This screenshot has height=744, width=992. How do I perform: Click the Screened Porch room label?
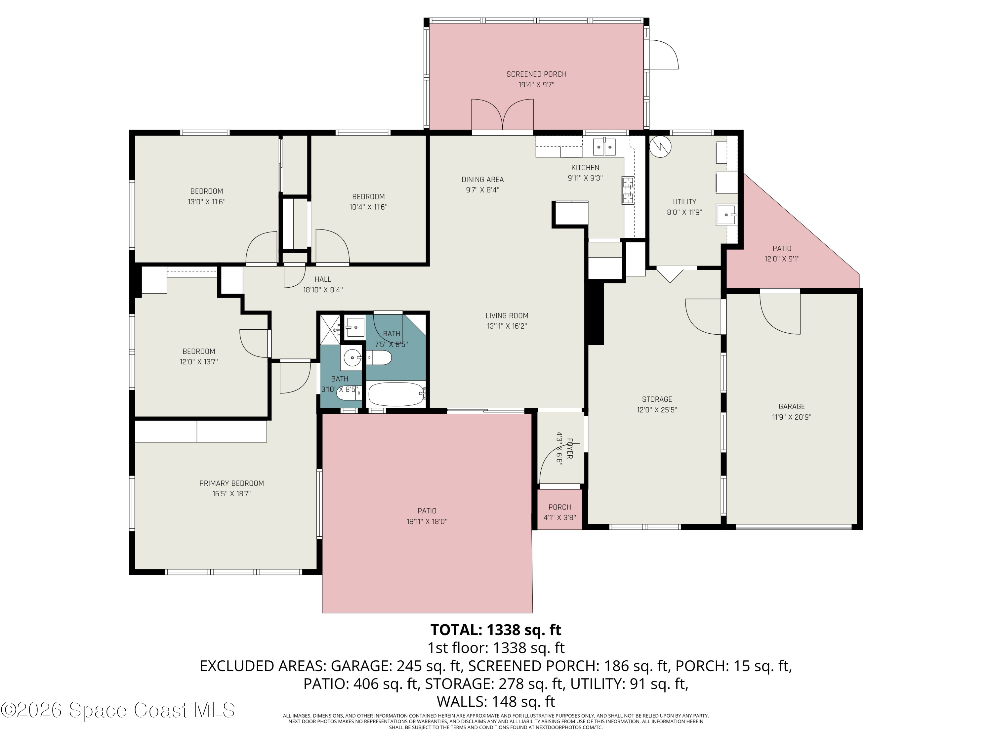536,74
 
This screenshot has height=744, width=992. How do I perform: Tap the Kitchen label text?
585,168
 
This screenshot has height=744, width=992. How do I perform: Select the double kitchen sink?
604,146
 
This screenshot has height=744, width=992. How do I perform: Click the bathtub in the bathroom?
396,394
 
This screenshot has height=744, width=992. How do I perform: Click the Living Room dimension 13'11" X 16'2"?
507,326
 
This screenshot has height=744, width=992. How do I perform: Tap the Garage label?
792,406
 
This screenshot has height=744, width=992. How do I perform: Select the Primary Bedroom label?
231,483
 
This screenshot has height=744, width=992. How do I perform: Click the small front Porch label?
560,507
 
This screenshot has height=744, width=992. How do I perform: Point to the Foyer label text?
569,448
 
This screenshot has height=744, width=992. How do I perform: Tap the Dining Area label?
482,179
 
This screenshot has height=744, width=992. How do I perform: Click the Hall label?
323,279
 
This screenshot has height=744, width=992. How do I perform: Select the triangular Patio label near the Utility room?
782,248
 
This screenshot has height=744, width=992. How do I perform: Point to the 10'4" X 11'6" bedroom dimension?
368,207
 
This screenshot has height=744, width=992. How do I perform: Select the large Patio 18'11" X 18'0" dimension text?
427,521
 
